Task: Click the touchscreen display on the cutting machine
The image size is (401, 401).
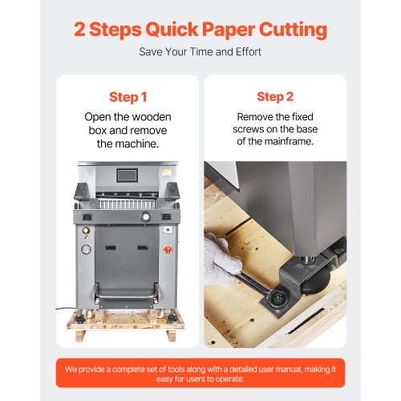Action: pyautogui.click(x=128, y=176)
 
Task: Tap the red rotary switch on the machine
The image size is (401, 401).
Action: pyautogui.click(x=168, y=249)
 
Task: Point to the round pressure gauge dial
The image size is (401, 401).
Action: pyautogui.click(x=86, y=249)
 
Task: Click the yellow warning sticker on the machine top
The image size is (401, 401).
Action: pyautogui.click(x=166, y=172)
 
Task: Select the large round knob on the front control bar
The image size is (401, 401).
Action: pyautogui.click(x=146, y=217)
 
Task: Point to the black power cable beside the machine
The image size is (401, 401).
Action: pyautogui.click(x=66, y=309)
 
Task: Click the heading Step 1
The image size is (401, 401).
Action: pyautogui.click(x=128, y=97)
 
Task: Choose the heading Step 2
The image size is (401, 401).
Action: pyautogui.click(x=275, y=97)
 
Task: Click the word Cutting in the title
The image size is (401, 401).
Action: pyautogui.click(x=293, y=30)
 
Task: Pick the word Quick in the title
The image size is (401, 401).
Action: pyautogui.click(x=172, y=29)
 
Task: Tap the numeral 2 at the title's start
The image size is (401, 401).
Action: pyautogui.click(x=79, y=29)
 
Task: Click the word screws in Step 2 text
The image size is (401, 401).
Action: pyautogui.click(x=249, y=129)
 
